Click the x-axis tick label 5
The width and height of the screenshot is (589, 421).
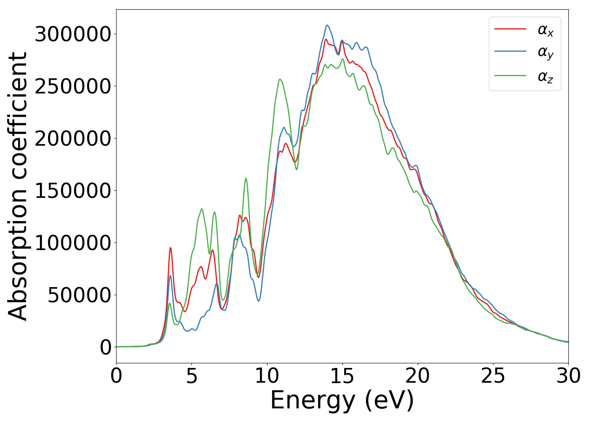(x=191, y=376)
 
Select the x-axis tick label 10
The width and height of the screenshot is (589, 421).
(x=267, y=376)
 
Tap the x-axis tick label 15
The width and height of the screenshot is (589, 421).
(x=342, y=376)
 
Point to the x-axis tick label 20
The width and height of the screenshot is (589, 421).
(x=418, y=376)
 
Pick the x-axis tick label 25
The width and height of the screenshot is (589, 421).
(x=493, y=376)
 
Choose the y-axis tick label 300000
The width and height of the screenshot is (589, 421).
(x=73, y=34)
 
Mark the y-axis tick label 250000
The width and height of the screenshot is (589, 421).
(x=73, y=86)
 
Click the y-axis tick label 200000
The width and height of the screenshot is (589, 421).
(x=73, y=139)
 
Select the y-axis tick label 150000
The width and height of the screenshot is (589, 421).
(x=73, y=191)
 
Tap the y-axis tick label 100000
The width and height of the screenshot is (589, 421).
(x=73, y=243)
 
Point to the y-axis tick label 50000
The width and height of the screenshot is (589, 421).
(x=79, y=295)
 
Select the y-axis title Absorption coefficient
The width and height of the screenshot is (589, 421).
(x=18, y=186)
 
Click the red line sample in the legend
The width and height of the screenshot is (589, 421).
(x=510, y=29)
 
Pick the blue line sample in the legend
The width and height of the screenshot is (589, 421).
(x=510, y=52)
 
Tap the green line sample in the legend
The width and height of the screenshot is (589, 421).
(x=510, y=76)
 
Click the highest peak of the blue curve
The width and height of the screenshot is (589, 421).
(x=327, y=25)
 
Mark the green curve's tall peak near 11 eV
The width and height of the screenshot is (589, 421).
(x=280, y=79)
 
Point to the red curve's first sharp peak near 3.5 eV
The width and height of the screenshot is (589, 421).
(x=170, y=248)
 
